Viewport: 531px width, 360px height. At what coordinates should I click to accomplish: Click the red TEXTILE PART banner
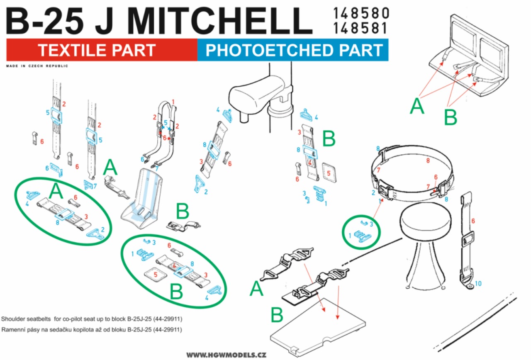102,50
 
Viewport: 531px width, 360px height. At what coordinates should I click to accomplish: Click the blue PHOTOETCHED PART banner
293,50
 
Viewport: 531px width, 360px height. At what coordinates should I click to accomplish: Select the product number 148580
361,13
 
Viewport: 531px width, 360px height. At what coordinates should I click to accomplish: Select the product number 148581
360,28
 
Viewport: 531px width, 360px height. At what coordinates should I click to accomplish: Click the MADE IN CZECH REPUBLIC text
37,66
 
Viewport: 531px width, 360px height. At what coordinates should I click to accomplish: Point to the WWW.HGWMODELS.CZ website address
227,355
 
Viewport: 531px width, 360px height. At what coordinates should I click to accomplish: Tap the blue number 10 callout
478,283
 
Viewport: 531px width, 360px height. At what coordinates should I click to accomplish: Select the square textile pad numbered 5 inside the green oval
156,275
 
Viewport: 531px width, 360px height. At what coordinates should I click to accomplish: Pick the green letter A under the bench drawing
417,106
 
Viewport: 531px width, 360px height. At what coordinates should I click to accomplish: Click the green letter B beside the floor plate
277,315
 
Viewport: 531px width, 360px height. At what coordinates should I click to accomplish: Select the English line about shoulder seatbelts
92,319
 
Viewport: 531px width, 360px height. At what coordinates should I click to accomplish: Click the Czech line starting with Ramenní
92,330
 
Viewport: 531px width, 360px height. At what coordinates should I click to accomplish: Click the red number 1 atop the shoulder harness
173,102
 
